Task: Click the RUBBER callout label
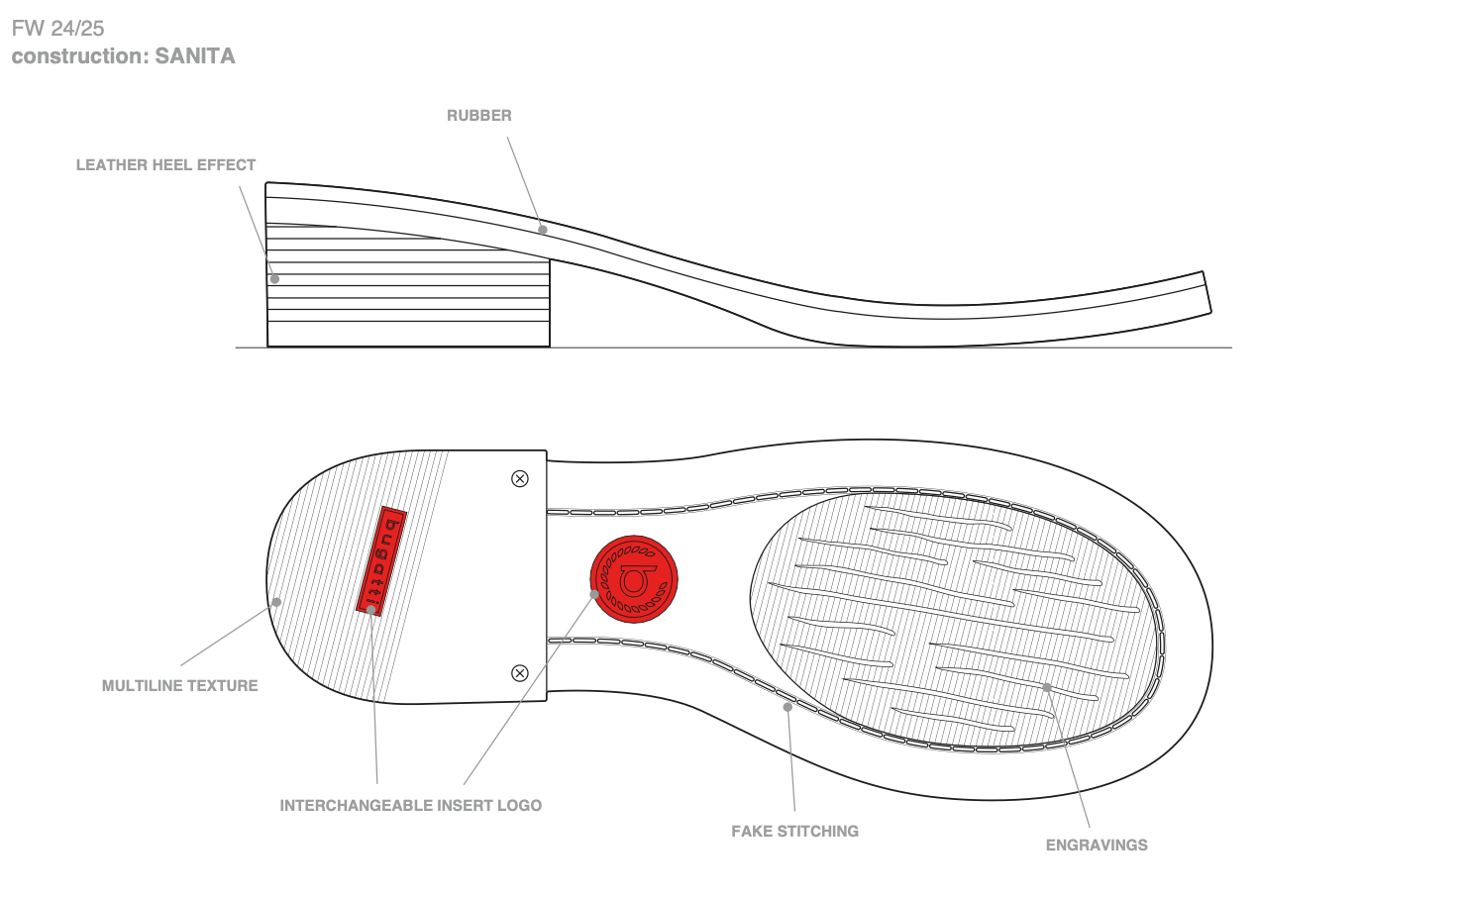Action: tap(479, 116)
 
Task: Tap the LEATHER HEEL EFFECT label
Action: tap(165, 165)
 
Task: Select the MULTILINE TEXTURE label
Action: tap(179, 685)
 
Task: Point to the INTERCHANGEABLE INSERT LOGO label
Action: tap(410, 805)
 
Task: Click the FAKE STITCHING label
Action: tap(794, 831)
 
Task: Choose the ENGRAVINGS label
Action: tap(1097, 845)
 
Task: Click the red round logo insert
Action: tap(634, 579)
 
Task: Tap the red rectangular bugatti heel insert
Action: tap(381, 560)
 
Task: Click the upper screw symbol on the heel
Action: tap(520, 479)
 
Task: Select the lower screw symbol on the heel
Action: tap(520, 673)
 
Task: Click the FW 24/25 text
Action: tap(57, 29)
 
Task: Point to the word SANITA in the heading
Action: tap(195, 56)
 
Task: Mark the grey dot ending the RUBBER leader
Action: tap(543, 230)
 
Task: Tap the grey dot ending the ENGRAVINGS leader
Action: tap(1047, 687)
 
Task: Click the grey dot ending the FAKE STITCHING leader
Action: tap(788, 707)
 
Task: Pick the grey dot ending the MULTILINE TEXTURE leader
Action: tap(277, 602)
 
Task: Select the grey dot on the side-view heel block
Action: tap(275, 279)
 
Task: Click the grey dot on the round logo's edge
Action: tap(595, 594)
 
